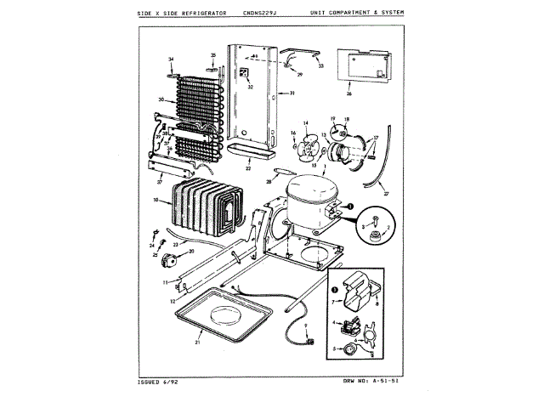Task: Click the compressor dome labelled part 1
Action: point(309,201)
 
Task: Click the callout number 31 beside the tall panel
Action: point(291,93)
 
